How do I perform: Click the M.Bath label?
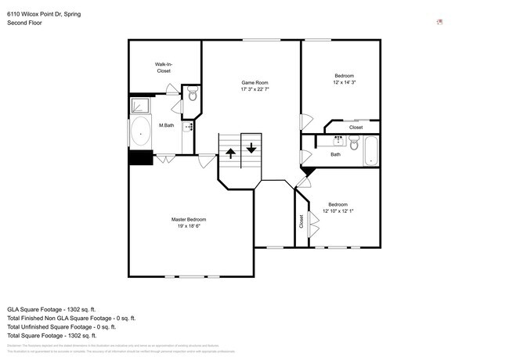click(x=166, y=126)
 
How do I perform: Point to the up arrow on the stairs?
click(x=231, y=153)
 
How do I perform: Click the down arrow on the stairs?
click(x=251, y=146)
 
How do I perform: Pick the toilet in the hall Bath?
click(x=354, y=144)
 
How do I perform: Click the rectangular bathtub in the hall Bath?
click(x=371, y=150)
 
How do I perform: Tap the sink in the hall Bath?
click(x=338, y=140)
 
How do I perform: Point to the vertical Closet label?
click(x=301, y=221)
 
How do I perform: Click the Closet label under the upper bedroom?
click(x=356, y=127)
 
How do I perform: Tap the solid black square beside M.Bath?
click(x=139, y=157)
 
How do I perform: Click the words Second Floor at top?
click(x=24, y=23)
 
